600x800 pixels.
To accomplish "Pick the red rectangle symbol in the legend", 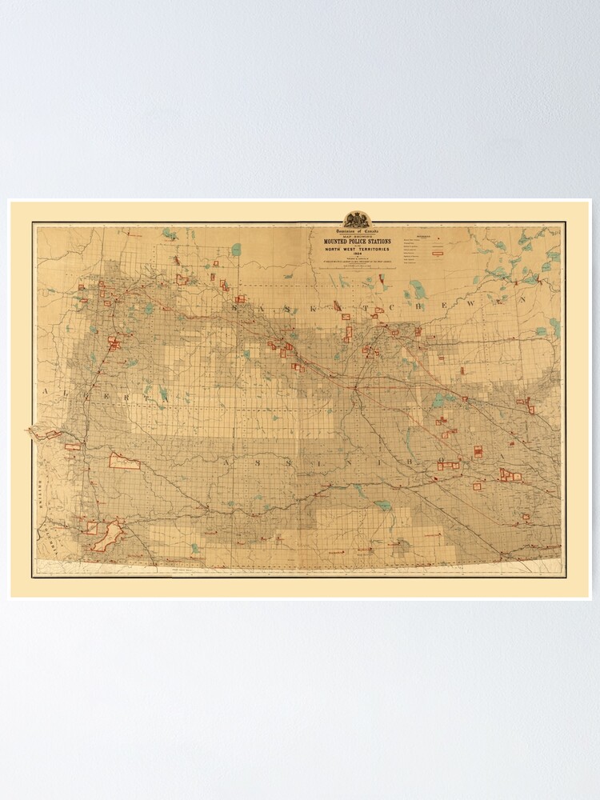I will click(438, 253).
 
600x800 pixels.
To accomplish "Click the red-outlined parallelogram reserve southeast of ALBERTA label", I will click(124, 461).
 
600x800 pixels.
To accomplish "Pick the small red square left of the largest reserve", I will click(92, 529).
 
